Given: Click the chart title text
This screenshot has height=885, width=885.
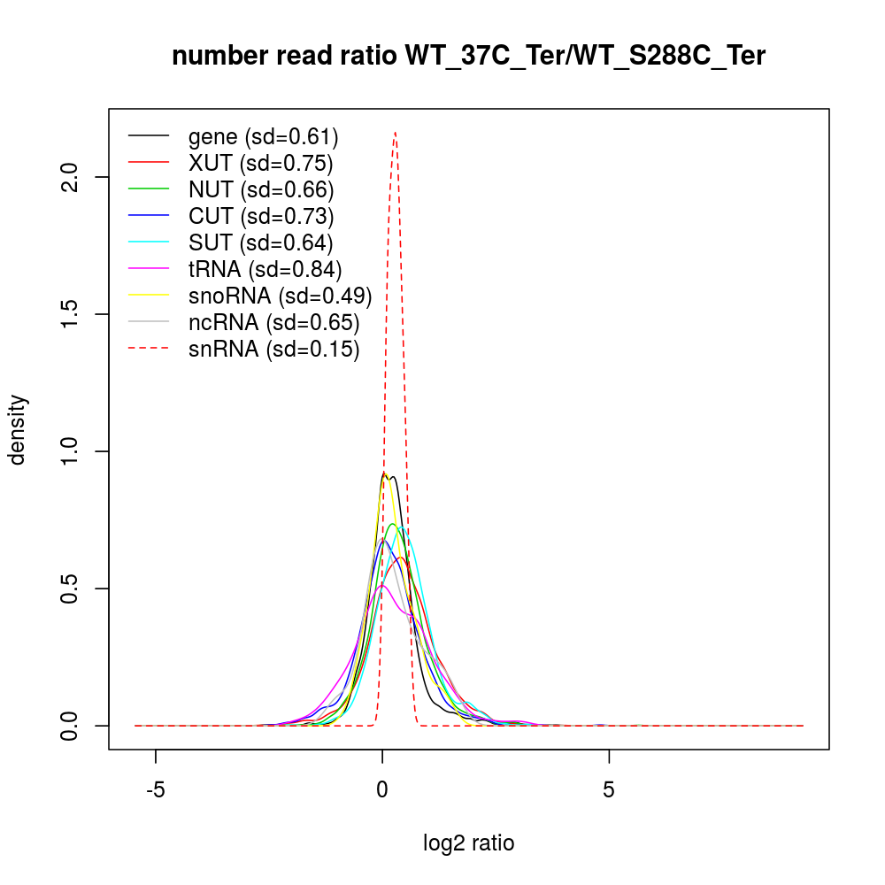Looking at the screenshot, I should (468, 57).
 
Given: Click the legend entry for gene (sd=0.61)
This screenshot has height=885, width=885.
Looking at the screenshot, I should (263, 137).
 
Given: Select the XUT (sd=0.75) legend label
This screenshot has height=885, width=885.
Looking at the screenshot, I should (260, 163).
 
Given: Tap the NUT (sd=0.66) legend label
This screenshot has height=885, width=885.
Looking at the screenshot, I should (260, 189).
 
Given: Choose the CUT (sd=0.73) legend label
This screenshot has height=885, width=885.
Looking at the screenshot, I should (260, 216).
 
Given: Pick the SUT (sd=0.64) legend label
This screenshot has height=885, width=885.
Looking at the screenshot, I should (260, 242).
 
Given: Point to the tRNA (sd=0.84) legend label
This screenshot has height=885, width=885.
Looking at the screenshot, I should (265, 269).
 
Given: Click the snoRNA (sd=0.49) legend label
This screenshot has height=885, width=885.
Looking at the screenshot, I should (280, 296).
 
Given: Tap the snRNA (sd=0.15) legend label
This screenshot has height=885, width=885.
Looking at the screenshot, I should (273, 349).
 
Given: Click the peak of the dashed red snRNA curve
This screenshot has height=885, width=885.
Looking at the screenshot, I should (395, 133).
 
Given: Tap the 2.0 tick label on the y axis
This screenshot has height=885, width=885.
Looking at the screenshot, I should (74, 177).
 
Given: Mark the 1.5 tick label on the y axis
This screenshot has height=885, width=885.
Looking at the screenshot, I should (74, 314).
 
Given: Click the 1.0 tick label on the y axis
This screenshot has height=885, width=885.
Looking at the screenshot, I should (74, 451).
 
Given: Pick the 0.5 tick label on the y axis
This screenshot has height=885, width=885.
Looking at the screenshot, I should (74, 589).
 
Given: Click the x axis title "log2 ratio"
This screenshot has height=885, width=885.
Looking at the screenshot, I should (468, 843).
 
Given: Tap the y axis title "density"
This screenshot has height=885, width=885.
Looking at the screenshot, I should (18, 429).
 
